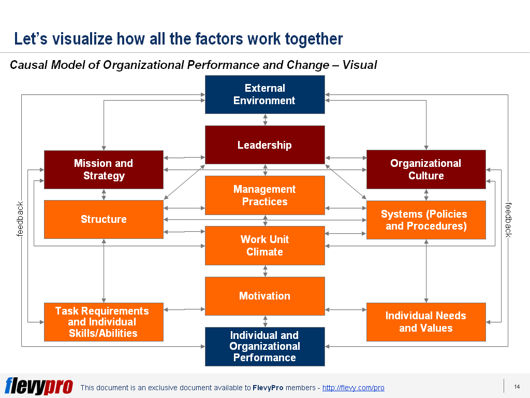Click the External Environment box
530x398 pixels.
pyautogui.click(x=264, y=94)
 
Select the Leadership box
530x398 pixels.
pyautogui.click(x=264, y=145)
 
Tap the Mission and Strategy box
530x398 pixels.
pyautogui.click(x=104, y=169)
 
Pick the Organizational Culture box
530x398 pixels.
pyautogui.click(x=425, y=169)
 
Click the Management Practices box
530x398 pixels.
pyautogui.click(x=264, y=195)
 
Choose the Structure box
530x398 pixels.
pyautogui.click(x=104, y=219)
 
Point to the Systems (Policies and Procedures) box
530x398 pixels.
pyautogui.click(x=425, y=220)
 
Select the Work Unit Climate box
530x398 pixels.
pyautogui.click(x=264, y=245)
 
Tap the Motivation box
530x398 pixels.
pyautogui.click(x=264, y=296)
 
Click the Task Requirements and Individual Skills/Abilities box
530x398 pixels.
pyautogui.click(x=104, y=322)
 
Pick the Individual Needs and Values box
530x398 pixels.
pyautogui.click(x=425, y=322)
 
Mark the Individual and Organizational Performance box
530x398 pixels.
pyautogui.click(x=264, y=346)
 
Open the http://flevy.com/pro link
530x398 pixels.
pyautogui.click(x=353, y=388)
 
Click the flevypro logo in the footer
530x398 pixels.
pyautogui.click(x=38, y=386)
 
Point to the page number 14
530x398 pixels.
pyautogui.click(x=516, y=387)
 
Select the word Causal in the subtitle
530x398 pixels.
pyautogui.click(x=29, y=65)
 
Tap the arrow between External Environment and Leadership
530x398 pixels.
pyautogui.click(x=265, y=120)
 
